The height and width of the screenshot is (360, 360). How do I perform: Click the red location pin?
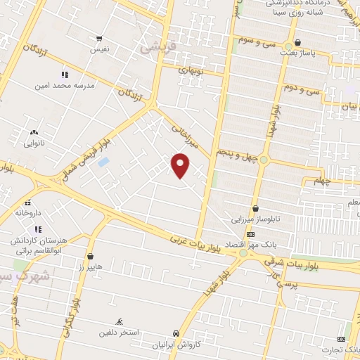point(181,165)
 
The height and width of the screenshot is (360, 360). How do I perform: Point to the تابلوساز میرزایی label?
point(256,219)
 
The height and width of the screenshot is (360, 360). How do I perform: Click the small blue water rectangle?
point(104,162)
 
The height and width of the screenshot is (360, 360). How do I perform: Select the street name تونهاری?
point(191,70)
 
